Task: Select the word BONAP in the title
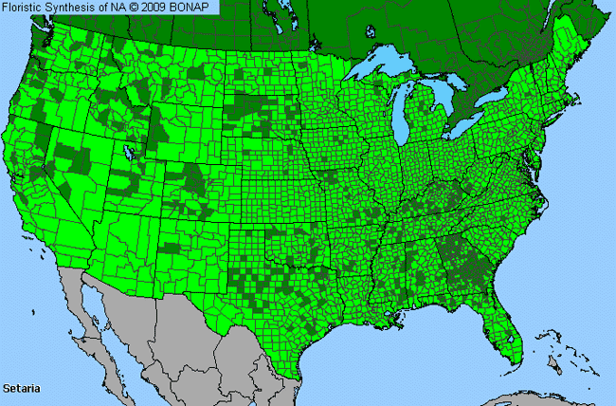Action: (x=197, y=7)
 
